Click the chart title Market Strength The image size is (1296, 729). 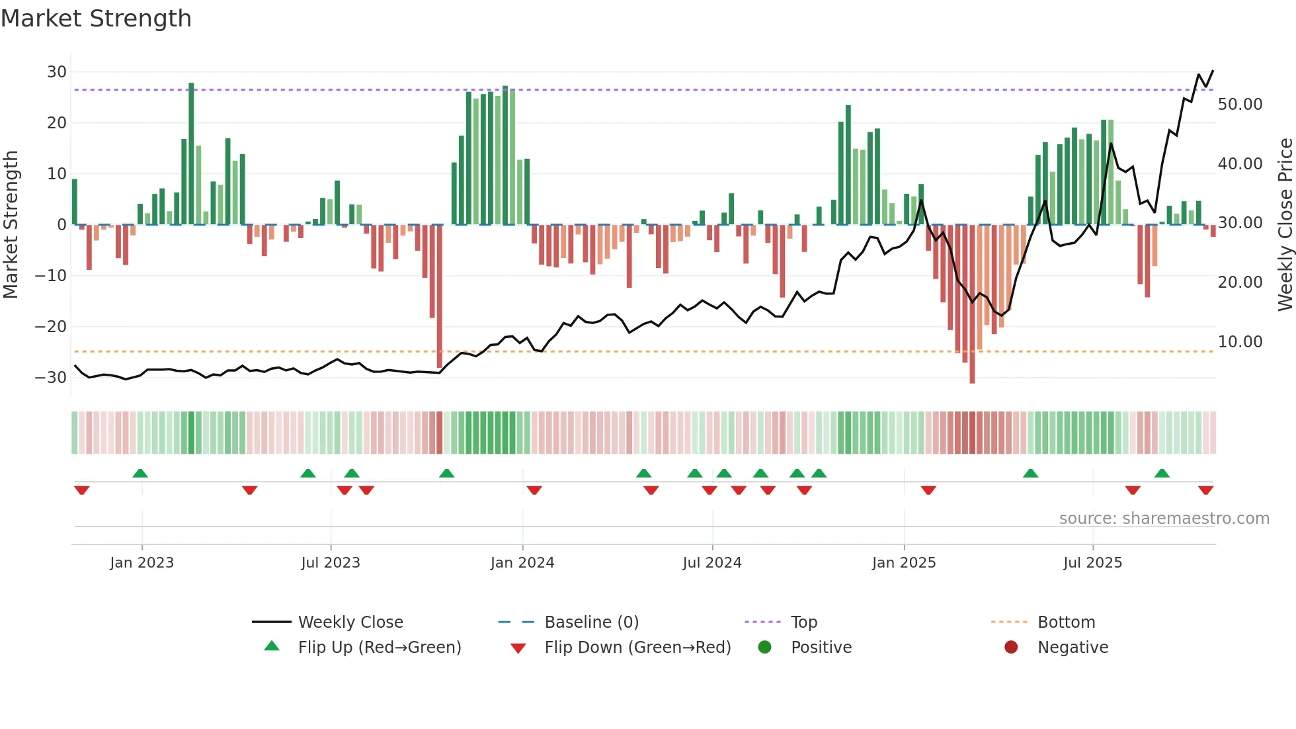tap(96, 19)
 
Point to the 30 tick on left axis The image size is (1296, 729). tap(57, 71)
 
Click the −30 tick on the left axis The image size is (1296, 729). tap(51, 378)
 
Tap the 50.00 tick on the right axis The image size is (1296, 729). tap(1240, 105)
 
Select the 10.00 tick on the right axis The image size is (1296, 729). tap(1240, 342)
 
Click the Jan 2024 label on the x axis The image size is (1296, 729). tap(522, 563)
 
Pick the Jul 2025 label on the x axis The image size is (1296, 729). tap(1092, 563)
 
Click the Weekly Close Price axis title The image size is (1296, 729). tap(1285, 225)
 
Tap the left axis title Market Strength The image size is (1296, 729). tap(11, 225)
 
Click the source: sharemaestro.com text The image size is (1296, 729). tap(1164, 519)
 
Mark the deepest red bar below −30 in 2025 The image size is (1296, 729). tap(972, 304)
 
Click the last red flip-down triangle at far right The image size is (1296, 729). tap(1205, 490)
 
